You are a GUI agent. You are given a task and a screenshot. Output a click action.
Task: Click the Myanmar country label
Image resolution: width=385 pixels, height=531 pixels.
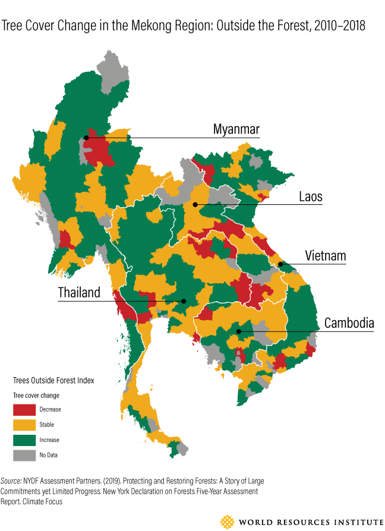[x=236, y=130]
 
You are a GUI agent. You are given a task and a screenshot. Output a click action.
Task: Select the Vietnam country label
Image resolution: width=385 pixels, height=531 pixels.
[x=325, y=256]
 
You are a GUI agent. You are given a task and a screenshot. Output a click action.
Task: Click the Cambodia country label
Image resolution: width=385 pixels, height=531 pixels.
[x=349, y=323]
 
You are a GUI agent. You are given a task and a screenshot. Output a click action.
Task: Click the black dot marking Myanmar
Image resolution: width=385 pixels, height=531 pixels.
[x=87, y=137]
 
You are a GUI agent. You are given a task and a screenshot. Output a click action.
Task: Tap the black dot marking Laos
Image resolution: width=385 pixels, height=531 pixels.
[x=195, y=204]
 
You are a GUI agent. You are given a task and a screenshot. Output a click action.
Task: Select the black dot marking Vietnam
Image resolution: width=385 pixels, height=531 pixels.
[x=280, y=264]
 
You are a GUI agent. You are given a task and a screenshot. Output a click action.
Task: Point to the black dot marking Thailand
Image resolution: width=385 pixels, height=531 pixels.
[x=184, y=301]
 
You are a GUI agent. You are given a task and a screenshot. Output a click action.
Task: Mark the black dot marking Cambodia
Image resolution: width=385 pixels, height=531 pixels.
[x=238, y=331]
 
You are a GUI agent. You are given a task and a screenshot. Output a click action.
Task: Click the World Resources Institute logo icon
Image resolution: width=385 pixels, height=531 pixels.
[x=227, y=521]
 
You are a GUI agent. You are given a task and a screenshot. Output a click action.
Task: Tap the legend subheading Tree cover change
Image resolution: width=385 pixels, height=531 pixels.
[x=36, y=395]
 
